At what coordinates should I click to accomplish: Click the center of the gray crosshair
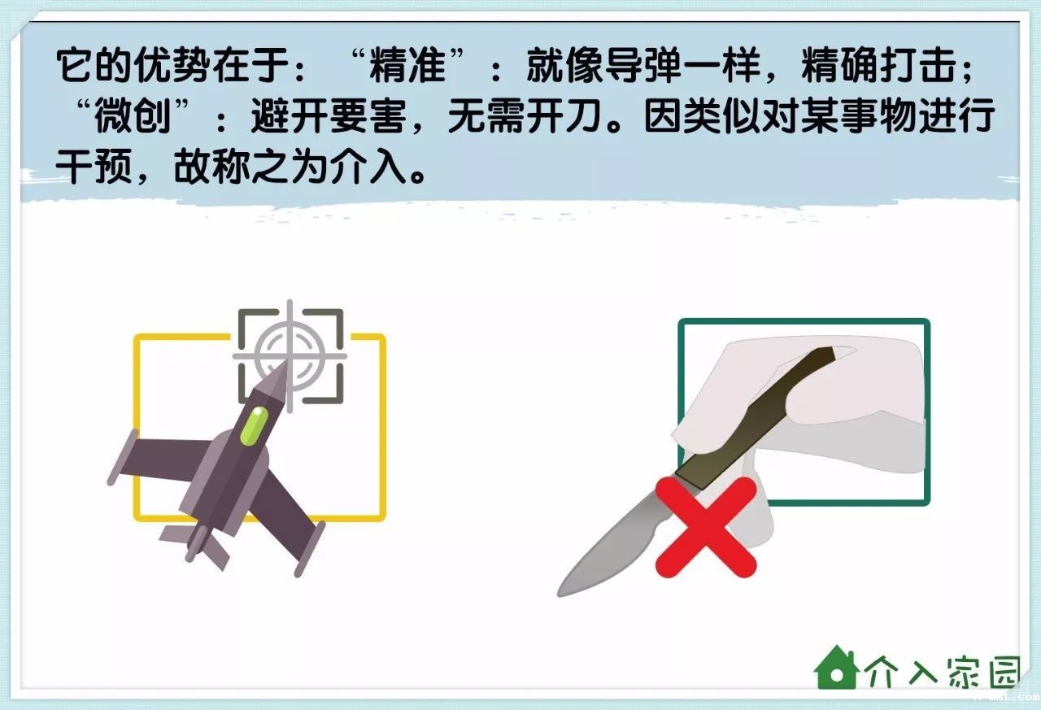pyautogui.click(x=290, y=356)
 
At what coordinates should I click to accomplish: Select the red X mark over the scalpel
pyautogui.click(x=706, y=527)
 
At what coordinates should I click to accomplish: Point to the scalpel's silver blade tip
pyautogui.click(x=560, y=594)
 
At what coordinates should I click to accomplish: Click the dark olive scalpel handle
pyautogui.click(x=757, y=418)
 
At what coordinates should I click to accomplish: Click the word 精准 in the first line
pyautogui.click(x=407, y=66)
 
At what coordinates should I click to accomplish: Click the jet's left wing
pyautogui.click(x=159, y=458)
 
